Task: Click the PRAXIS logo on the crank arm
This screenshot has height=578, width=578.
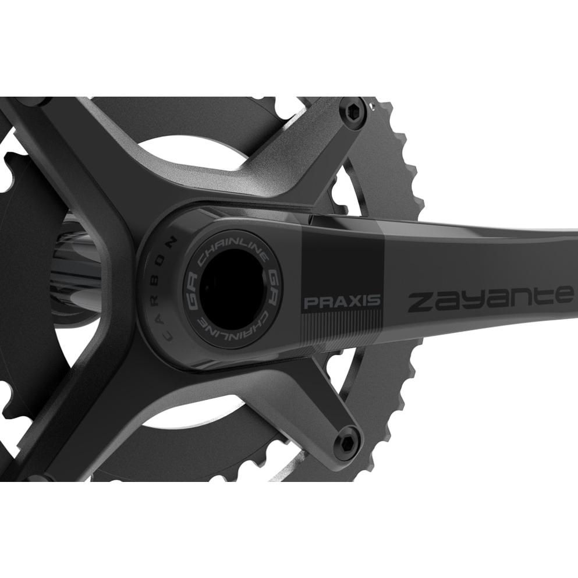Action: point(342,302)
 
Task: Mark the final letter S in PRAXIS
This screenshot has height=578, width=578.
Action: point(375,301)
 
